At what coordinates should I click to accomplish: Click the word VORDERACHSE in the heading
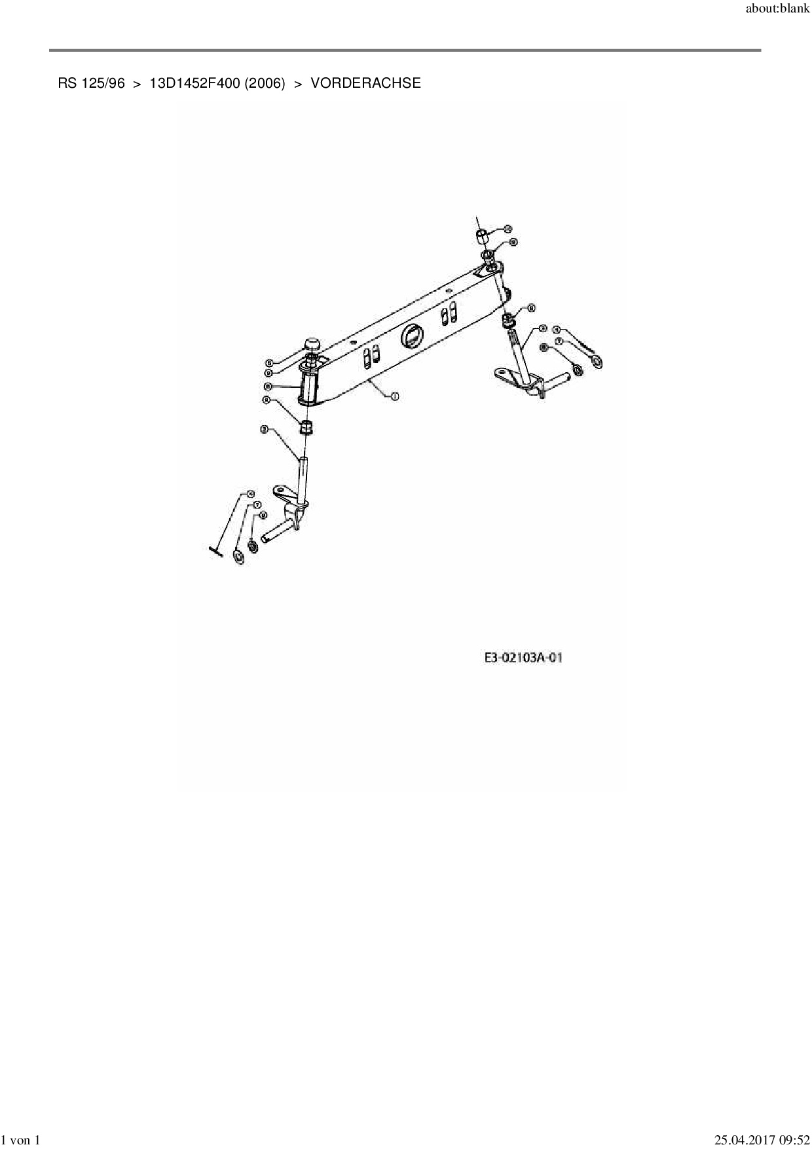tap(365, 83)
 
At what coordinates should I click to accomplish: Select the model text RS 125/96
tap(91, 83)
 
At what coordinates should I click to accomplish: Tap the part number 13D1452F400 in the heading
tap(194, 83)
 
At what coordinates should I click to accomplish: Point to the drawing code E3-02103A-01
tap(523, 657)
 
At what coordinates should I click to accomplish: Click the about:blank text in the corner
tap(778, 10)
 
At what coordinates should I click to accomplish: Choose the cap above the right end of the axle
tap(481, 235)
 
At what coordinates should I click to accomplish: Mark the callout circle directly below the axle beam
tap(394, 396)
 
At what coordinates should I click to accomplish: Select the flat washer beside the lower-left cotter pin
tap(239, 557)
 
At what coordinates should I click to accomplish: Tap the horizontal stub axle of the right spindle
tap(558, 379)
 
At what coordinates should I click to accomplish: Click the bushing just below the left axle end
tap(306, 428)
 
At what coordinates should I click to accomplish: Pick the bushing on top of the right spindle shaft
tap(507, 320)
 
